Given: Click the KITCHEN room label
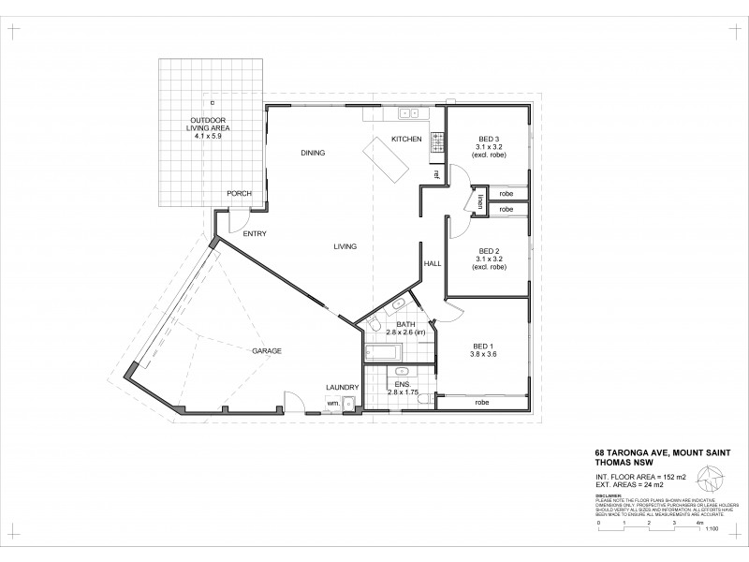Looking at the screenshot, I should [x=406, y=140].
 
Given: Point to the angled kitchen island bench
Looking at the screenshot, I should [x=388, y=158].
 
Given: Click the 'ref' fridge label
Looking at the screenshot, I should [x=436, y=174].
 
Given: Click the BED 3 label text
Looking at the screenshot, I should [x=488, y=139].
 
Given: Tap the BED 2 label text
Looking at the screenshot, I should [x=488, y=251].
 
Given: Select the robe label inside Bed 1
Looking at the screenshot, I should [x=482, y=403].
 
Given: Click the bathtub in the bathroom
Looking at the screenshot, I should [x=382, y=352].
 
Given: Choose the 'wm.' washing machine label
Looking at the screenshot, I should [x=332, y=403].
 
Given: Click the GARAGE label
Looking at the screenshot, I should [x=266, y=351].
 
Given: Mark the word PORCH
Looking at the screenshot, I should [x=239, y=194].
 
